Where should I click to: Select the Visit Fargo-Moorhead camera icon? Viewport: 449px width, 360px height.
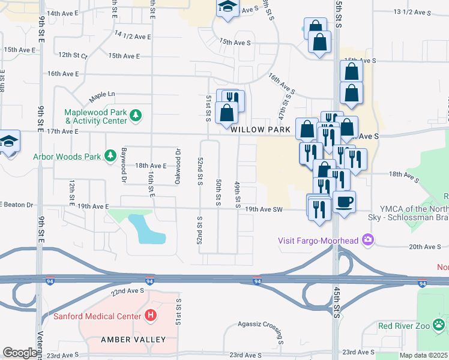tap(367, 241)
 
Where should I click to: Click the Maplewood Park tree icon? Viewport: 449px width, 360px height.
tap(137, 115)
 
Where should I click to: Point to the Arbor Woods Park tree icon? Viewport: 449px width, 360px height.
tap(110, 157)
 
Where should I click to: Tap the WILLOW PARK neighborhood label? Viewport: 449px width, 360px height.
tap(261, 129)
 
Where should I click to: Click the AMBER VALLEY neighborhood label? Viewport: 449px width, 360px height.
tap(136, 340)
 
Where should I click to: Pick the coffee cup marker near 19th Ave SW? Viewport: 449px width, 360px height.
tap(345, 202)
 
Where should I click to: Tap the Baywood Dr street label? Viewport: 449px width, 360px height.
tap(124, 166)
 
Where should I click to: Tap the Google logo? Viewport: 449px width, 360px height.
tap(20, 353)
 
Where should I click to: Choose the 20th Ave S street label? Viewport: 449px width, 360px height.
tap(425, 247)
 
